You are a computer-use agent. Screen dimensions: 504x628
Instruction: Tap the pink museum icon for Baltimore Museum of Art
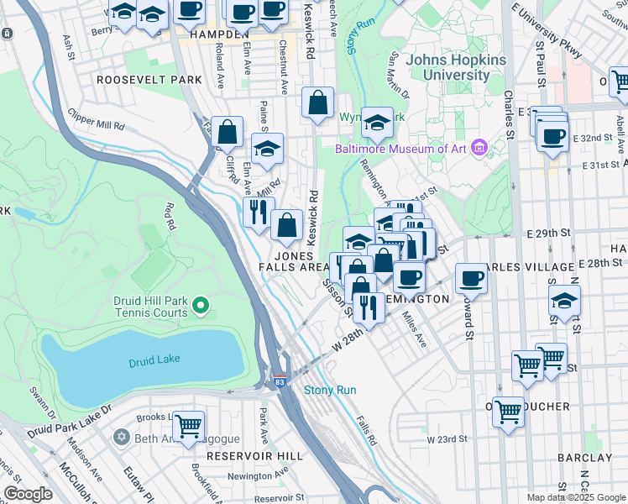coord(479,149)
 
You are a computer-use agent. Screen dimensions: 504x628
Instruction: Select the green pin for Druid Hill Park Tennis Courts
coord(200,305)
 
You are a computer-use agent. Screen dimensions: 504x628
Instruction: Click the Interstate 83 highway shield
coord(278,381)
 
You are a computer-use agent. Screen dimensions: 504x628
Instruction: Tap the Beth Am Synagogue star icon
coord(122,438)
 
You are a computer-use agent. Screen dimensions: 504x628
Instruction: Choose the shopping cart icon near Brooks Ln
coord(188,425)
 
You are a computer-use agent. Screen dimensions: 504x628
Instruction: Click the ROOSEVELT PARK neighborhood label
coord(149,80)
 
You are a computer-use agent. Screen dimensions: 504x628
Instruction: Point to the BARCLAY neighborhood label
coord(586,458)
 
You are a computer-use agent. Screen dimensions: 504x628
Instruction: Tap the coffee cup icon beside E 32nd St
coord(552,136)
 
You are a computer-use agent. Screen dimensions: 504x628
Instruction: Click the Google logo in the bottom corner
coord(29,495)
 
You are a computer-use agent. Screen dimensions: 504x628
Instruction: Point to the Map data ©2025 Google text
coord(575,498)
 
